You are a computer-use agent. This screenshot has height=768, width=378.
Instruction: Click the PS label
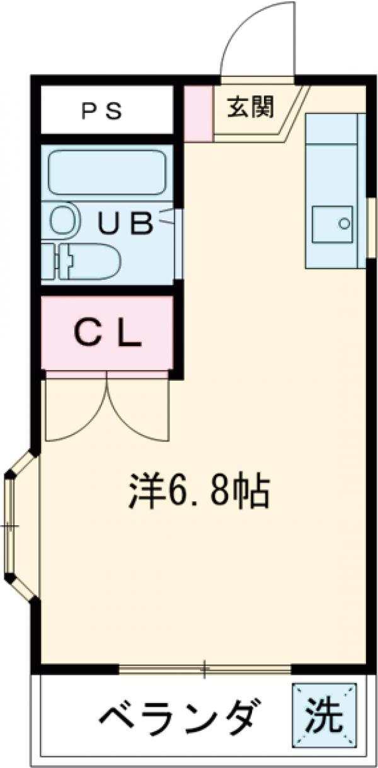coord(104,111)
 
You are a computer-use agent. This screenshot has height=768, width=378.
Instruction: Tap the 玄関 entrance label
coord(251,108)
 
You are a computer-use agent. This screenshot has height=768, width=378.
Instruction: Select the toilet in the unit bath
coord(88,260)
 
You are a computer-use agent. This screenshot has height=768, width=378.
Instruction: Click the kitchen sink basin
coord(331,223)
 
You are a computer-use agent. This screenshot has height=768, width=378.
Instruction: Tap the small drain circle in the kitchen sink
coord(344,223)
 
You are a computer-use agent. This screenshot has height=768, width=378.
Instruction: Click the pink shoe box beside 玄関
coord(197,113)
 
